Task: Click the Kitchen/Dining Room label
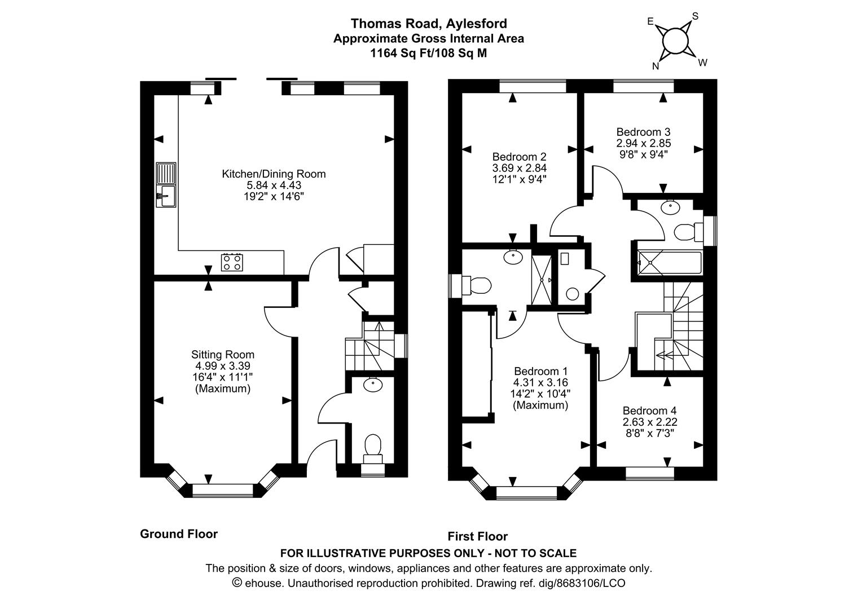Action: tap(274, 174)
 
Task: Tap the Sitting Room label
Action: tap(222, 355)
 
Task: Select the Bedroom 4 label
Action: tap(649, 411)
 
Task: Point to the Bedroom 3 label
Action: tap(643, 132)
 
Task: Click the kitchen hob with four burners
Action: tap(232, 262)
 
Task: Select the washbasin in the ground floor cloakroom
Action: tap(372, 385)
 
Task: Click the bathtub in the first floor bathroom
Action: tap(669, 263)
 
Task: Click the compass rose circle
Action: tap(675, 41)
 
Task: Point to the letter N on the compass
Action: tap(656, 66)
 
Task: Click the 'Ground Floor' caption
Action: tap(178, 534)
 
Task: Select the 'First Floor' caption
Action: tap(477, 536)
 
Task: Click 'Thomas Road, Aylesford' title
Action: tap(429, 23)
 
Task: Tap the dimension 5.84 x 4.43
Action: tap(274, 186)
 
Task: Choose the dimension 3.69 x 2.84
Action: tap(519, 168)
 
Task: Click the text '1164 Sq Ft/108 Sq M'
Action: tap(428, 54)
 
